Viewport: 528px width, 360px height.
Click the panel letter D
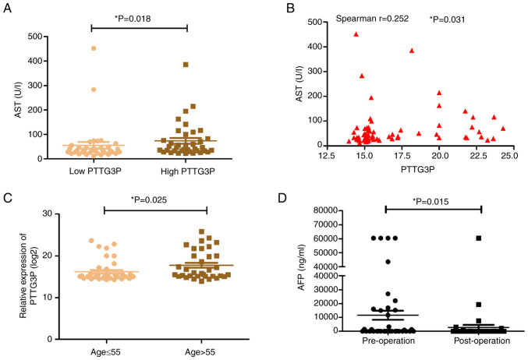[291, 194]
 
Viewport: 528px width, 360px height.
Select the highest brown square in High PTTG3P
[186, 65]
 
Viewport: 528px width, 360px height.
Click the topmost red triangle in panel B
[356, 34]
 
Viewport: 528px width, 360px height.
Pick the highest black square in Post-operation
[478, 238]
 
